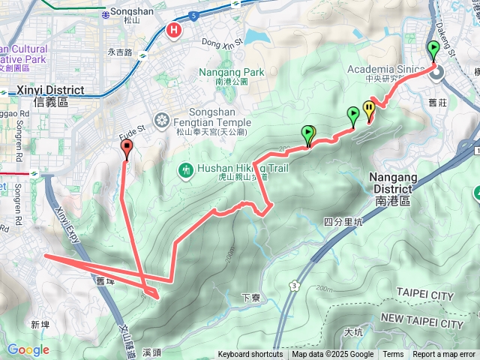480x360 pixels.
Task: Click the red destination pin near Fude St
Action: coord(126,148)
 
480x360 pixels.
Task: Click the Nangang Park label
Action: coord(232,73)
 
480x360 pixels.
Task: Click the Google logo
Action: coord(28,349)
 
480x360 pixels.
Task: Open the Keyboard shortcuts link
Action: coord(250,355)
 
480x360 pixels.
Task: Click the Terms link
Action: coord(393,355)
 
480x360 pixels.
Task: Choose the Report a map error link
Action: coord(444,355)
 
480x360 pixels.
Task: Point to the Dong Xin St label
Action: coord(223,43)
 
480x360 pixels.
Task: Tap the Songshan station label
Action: coord(125,12)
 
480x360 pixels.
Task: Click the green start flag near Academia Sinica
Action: coord(433,51)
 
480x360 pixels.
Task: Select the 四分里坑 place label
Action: coord(343,222)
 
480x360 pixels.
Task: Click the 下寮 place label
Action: coord(250,298)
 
